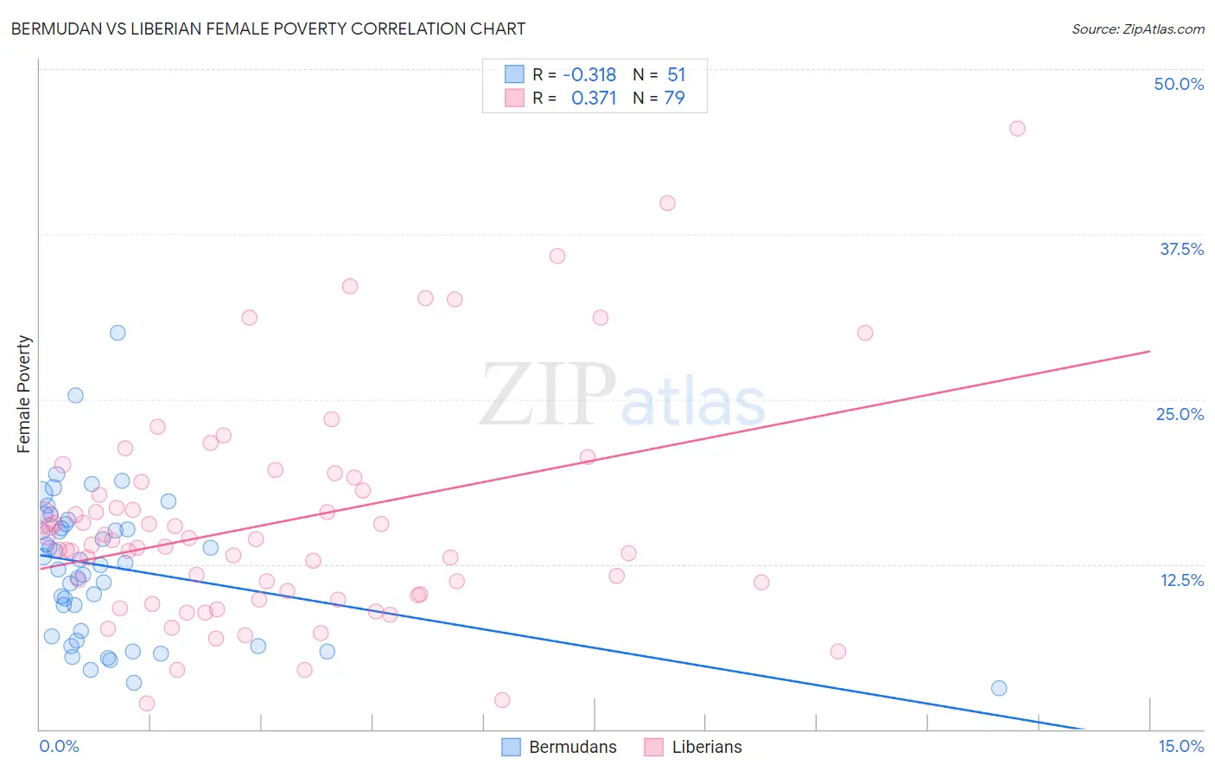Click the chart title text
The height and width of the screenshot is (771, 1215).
coord(268,29)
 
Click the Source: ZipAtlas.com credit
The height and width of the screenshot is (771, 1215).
coord(1137,29)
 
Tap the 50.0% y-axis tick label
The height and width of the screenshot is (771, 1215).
coord(1179,84)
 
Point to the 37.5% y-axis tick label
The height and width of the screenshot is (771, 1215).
coord(1181,249)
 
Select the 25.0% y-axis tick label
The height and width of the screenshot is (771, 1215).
coord(1180,414)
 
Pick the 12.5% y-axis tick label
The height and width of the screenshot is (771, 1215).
coord(1181,580)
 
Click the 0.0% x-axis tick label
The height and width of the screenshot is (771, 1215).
coord(59,746)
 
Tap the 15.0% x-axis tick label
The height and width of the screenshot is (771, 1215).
coord(1180,746)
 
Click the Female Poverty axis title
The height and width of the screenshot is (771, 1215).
coord(23,394)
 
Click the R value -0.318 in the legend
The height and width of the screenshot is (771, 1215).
coord(589,74)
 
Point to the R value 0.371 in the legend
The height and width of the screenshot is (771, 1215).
coord(594,98)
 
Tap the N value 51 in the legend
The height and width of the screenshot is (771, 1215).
coord(676,74)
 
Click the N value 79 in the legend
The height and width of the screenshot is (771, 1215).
coord(674,98)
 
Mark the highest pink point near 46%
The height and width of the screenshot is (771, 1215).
coord(1017,129)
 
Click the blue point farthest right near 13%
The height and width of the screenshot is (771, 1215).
coord(999,688)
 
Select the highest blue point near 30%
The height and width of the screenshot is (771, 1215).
coord(118,333)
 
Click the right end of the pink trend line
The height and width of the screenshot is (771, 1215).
coord(1149,351)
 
